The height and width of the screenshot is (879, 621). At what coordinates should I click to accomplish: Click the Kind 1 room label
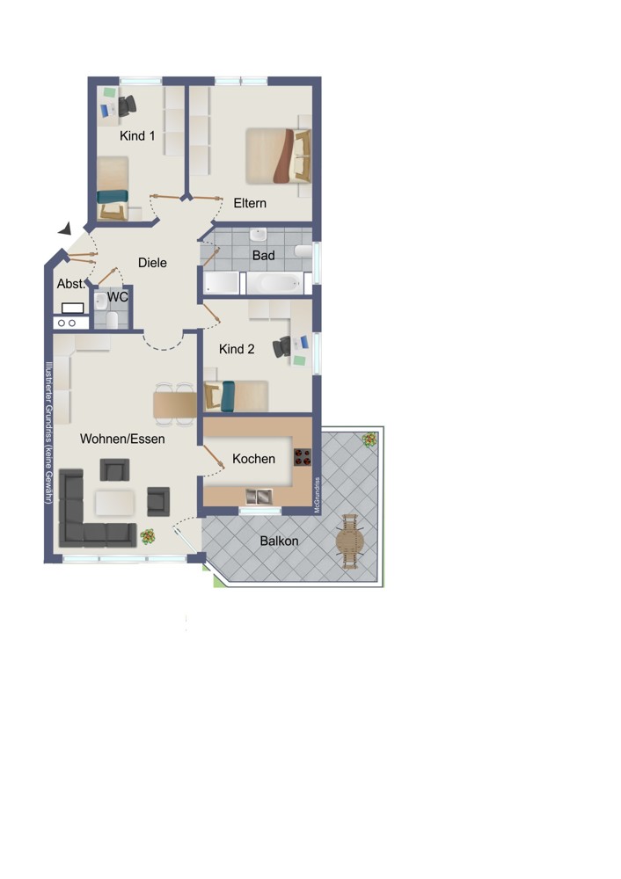pos(137,135)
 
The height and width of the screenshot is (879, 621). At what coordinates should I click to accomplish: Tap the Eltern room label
pos(250,203)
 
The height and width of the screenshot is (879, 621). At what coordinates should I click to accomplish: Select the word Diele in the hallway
pos(152,262)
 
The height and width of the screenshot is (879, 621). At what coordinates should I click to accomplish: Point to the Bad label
pos(263,256)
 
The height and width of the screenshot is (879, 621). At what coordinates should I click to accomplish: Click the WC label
pos(117,296)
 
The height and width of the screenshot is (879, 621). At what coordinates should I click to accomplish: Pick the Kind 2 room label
pos(236,349)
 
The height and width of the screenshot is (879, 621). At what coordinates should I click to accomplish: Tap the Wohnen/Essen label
pos(122,439)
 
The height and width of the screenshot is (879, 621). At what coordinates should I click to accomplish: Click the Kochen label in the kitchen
pos(253,459)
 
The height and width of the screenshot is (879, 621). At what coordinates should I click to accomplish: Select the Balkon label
pos(279,541)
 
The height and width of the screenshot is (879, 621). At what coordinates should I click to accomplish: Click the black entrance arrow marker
pos(66,229)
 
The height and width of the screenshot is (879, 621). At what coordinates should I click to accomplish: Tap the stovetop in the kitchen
pos(303,457)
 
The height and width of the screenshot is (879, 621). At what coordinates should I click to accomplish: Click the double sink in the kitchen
pos(259,496)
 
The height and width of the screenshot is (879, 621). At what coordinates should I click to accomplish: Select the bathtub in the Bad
pos(275,283)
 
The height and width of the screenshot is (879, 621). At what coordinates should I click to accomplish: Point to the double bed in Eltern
pos(278,156)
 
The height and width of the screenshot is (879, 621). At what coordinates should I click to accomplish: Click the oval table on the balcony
pos(350,541)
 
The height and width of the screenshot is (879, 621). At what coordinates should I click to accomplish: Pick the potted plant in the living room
pos(148,537)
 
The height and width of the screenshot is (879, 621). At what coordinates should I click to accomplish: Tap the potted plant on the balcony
pos(369,439)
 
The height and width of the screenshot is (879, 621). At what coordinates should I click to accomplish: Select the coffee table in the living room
pos(114,503)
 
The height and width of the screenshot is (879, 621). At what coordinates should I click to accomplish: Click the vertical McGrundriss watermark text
pos(317,495)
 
